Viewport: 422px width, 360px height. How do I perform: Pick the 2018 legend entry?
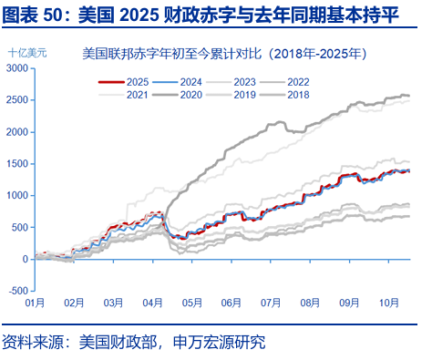pyautogui.click(x=298, y=94)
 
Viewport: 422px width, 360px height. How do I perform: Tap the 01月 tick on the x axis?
pyautogui.click(x=36, y=301)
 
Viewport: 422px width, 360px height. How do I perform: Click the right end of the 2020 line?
pyautogui.click(x=407, y=96)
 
